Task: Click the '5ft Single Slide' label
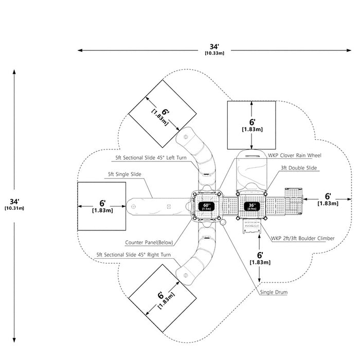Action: point(124,174)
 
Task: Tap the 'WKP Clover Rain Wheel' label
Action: point(295,155)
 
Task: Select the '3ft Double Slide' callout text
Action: point(299,168)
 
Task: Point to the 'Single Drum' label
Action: point(274,292)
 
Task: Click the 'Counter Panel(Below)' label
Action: point(149,242)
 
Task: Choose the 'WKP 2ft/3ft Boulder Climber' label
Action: point(302,238)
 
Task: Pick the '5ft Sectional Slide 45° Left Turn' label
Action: point(151,158)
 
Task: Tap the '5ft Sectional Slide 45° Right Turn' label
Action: point(133,255)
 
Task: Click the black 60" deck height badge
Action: point(206,206)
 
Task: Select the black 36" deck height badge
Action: point(252,206)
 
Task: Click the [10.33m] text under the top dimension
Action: point(214,53)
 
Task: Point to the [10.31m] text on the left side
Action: point(14,208)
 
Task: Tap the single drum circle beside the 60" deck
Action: point(223,222)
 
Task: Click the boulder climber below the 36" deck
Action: point(252,226)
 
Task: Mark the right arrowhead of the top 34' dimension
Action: point(349,50)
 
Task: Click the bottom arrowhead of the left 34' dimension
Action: point(14,340)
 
